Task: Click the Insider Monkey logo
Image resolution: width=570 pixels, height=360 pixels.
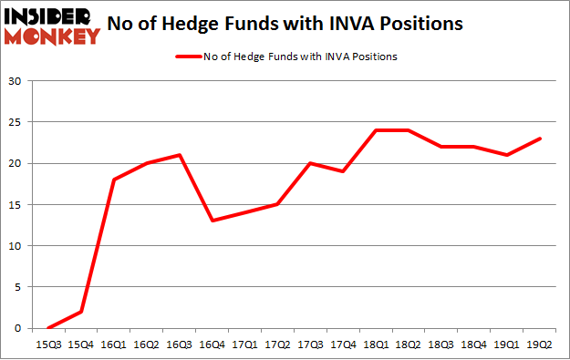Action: (52, 25)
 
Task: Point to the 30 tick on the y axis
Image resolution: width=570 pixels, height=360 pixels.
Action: (16, 81)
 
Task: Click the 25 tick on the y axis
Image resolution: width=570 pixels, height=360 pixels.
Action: (16, 122)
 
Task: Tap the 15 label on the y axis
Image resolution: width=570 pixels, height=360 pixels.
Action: (16, 205)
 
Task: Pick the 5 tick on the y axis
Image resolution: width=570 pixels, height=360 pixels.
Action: (18, 287)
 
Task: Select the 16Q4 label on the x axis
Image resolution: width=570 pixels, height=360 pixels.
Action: (212, 344)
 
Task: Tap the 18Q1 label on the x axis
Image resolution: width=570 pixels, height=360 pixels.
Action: (375, 344)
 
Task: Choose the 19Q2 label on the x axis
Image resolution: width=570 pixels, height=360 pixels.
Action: (540, 344)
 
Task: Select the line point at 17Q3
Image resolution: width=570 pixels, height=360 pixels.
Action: (309, 163)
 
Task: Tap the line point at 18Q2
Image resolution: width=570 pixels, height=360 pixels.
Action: (408, 130)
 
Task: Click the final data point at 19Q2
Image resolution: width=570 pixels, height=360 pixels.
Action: (540, 139)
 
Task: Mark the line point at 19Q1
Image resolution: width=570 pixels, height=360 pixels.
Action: (507, 155)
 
